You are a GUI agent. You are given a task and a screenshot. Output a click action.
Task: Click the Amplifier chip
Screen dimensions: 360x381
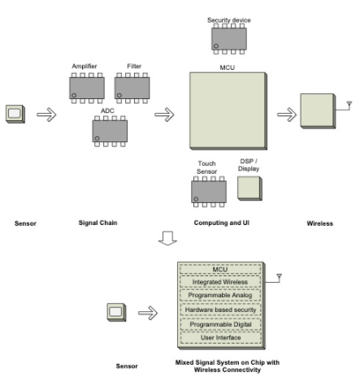point(87,88)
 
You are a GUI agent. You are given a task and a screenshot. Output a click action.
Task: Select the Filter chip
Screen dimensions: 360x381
point(132,88)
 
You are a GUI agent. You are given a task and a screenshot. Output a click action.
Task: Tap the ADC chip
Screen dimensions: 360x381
point(110,132)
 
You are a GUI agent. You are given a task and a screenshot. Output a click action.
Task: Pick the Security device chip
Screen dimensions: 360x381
point(229,39)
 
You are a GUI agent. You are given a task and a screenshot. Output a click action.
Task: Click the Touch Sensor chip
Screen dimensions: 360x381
point(209,192)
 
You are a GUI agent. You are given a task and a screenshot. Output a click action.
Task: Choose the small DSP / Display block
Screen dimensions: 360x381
point(249,188)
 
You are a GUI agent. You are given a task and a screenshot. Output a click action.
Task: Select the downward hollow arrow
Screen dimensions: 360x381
point(167,238)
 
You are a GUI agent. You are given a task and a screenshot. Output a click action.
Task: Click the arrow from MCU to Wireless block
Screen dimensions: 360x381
point(287,115)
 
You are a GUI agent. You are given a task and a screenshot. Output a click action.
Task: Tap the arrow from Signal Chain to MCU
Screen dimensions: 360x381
point(164,115)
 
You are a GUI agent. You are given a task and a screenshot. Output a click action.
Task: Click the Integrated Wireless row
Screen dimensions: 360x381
point(220,282)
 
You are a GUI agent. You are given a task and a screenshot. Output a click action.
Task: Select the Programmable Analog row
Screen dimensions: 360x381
point(220,295)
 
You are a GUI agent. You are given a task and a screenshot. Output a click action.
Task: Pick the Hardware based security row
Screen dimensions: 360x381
point(220,310)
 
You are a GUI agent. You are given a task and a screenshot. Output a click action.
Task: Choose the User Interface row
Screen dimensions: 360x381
point(220,338)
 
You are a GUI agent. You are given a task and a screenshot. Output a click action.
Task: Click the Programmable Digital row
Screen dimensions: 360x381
point(220,324)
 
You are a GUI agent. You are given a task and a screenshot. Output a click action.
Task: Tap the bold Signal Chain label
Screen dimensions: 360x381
point(98,223)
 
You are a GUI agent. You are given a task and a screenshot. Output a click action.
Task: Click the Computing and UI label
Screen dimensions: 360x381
point(222,223)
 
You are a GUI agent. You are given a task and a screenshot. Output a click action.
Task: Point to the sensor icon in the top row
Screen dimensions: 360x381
point(15,114)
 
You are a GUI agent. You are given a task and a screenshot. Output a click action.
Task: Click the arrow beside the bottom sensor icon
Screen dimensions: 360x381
point(148,313)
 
